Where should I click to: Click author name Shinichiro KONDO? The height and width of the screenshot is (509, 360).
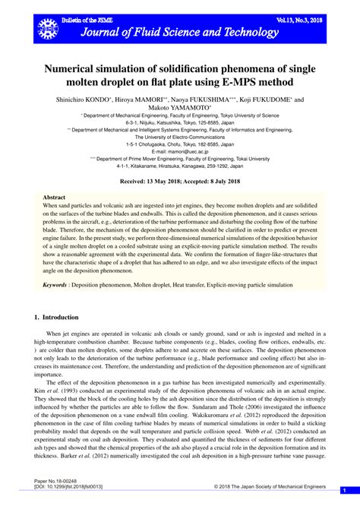tap(83, 100)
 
